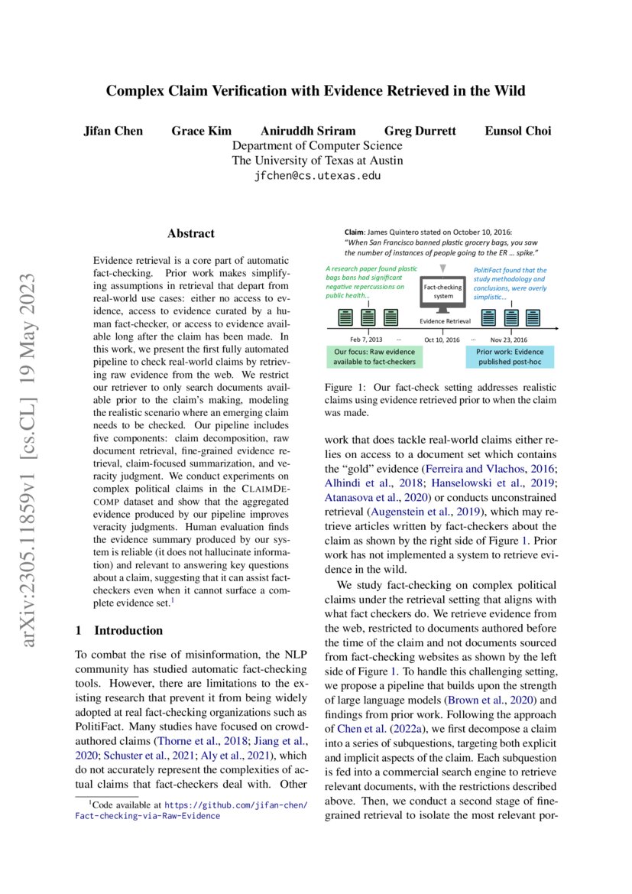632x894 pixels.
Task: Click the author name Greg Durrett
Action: (420, 131)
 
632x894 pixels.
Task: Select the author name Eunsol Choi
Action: (517, 131)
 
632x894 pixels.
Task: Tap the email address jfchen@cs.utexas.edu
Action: (316, 175)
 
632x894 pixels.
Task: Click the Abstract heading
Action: (191, 233)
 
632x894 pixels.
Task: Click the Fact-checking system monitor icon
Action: (443, 294)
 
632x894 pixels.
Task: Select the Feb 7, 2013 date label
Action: (367, 339)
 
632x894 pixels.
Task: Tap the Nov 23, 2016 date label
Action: (509, 339)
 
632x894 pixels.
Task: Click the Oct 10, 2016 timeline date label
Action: (442, 339)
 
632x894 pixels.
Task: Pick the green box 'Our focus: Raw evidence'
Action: (367, 356)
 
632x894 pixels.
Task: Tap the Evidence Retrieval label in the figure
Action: (446, 322)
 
